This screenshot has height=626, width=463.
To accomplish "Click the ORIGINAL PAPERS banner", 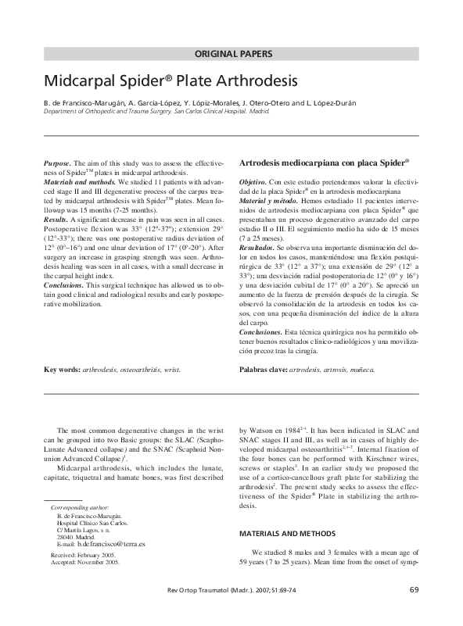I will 234,54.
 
